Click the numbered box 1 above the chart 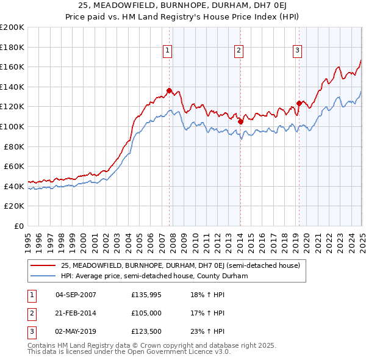point(167,51)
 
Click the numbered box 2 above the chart point(239,51)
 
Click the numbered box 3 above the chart point(296,51)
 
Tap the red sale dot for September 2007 point(169,91)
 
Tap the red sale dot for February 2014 point(240,121)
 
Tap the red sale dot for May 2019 point(299,103)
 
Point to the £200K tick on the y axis point(12,27)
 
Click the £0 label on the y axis point(18,226)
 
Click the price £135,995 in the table point(147,294)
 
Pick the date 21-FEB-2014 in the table point(76,313)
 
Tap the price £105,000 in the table point(147,313)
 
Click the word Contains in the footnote point(43,345)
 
